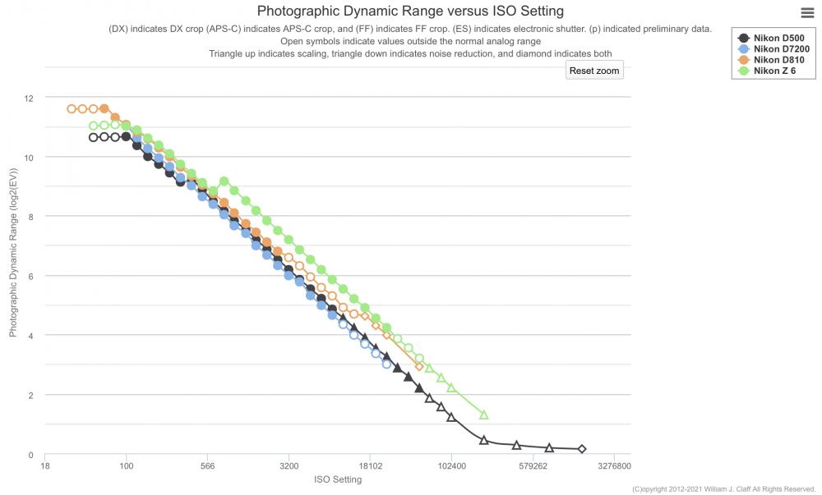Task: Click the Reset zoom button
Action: [x=594, y=71]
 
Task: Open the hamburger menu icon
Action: [x=807, y=13]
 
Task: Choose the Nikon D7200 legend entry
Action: [x=774, y=48]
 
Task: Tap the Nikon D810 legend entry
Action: [x=771, y=60]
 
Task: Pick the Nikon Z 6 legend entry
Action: [x=766, y=71]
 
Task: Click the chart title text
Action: [x=410, y=11]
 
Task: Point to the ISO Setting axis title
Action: [x=338, y=479]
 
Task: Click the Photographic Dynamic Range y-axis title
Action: [x=13, y=252]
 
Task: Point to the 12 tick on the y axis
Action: [x=28, y=99]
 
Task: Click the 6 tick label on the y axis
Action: [x=30, y=277]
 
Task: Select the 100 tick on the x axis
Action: [x=127, y=465]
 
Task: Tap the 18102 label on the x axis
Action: [x=371, y=465]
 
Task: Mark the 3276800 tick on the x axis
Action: [x=614, y=465]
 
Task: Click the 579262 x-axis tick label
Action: [x=533, y=465]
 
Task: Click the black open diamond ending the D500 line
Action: [x=581, y=449]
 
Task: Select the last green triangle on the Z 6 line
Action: [x=484, y=415]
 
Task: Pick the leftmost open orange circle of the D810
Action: [x=72, y=109]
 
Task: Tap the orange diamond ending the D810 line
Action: [x=419, y=366]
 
